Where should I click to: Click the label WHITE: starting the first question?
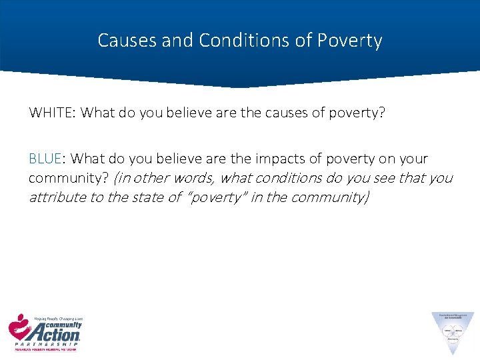tap(52, 113)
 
